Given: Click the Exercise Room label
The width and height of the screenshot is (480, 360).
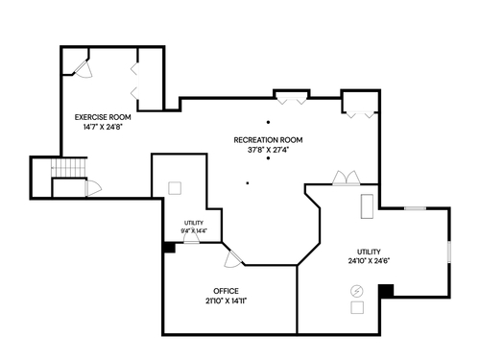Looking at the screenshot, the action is (103, 117).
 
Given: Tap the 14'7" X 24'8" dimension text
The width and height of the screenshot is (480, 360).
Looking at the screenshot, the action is (103, 127).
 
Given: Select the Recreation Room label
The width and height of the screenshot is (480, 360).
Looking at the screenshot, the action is (268, 140).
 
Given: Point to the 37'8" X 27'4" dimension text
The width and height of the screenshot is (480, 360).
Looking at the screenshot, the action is (268, 150).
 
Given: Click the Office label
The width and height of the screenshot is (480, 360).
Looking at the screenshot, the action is (226, 291).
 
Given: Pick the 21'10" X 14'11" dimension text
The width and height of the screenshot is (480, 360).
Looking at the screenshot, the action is (226, 300).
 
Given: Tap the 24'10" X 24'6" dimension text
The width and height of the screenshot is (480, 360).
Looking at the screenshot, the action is (369, 261).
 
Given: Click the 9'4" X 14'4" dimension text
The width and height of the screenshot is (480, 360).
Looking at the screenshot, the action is (194, 230).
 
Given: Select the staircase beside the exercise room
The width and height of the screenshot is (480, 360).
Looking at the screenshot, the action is (69, 167).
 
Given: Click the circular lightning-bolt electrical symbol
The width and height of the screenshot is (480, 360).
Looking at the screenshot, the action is (357, 291).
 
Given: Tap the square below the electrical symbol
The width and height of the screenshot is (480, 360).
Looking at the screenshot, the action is (357, 307).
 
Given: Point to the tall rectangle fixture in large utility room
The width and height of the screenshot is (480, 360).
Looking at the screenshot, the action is (367, 206).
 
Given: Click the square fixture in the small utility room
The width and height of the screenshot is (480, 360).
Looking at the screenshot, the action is (175, 188).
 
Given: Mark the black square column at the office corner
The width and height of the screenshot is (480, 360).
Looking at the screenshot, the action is (169, 248).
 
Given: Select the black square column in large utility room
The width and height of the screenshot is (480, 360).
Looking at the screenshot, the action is (386, 291).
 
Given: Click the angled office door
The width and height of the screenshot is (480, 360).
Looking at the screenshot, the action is (233, 258).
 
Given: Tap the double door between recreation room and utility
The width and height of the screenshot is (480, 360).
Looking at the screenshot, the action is (347, 178).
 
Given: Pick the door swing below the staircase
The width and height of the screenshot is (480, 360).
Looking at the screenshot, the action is (93, 188).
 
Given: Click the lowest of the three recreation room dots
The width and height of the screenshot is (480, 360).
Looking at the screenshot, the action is (248, 183).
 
